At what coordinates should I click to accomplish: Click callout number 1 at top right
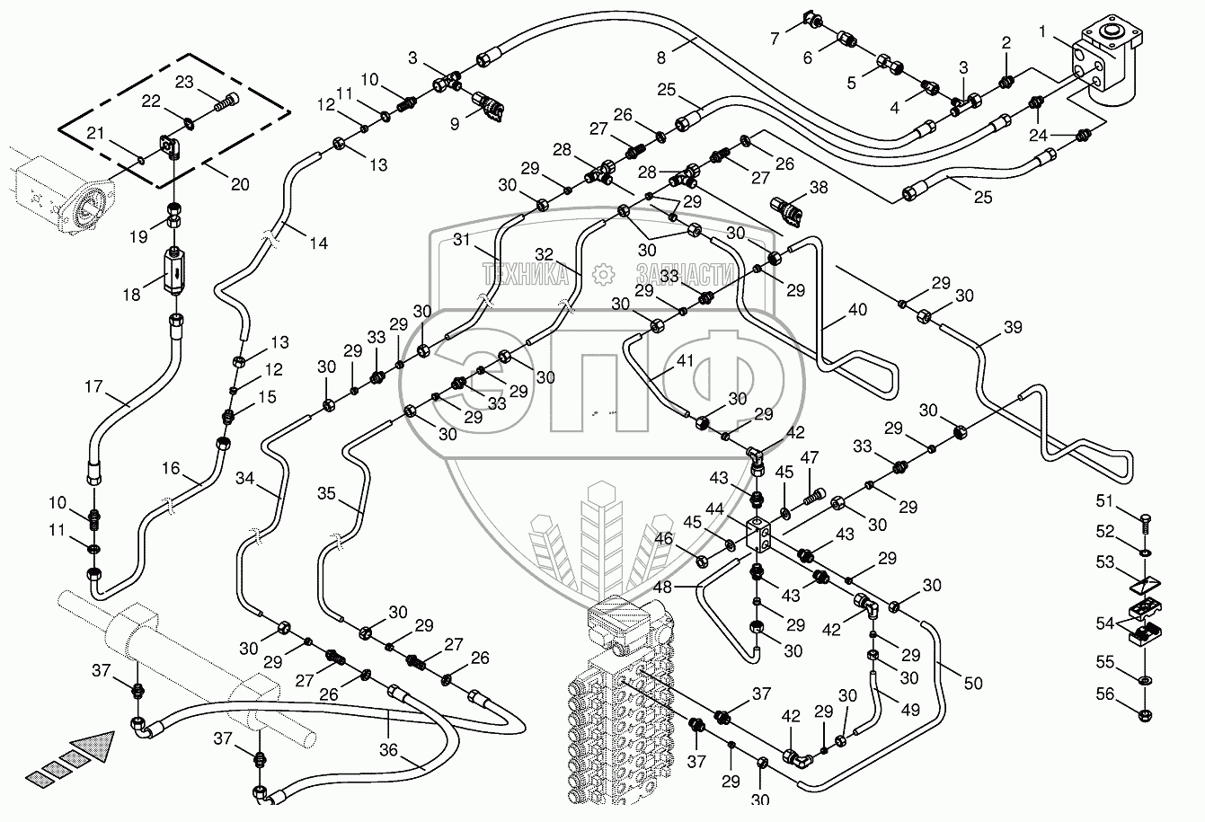click(1042, 33)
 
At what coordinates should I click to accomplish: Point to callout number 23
click(184, 82)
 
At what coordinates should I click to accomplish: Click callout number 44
click(715, 509)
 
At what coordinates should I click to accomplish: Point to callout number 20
click(241, 184)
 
